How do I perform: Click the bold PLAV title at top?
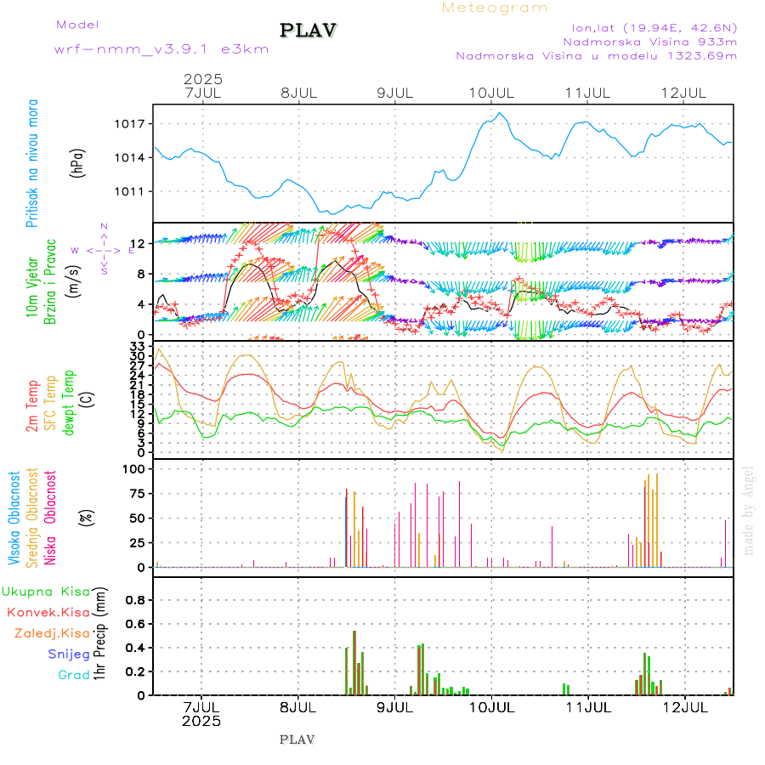coord(309,31)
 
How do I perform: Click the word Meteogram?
coord(495,8)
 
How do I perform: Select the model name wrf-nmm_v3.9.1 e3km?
coord(161,48)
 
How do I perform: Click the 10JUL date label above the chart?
coord(492,92)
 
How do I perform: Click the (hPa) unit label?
coord(78,162)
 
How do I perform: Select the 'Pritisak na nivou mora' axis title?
coord(33,162)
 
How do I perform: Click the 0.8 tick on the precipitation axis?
coord(134,599)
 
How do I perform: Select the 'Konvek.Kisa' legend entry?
coord(48,612)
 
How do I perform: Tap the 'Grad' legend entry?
coord(73,675)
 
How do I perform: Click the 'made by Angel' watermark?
coord(749,510)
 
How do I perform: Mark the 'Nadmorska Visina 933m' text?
coord(649,41)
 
